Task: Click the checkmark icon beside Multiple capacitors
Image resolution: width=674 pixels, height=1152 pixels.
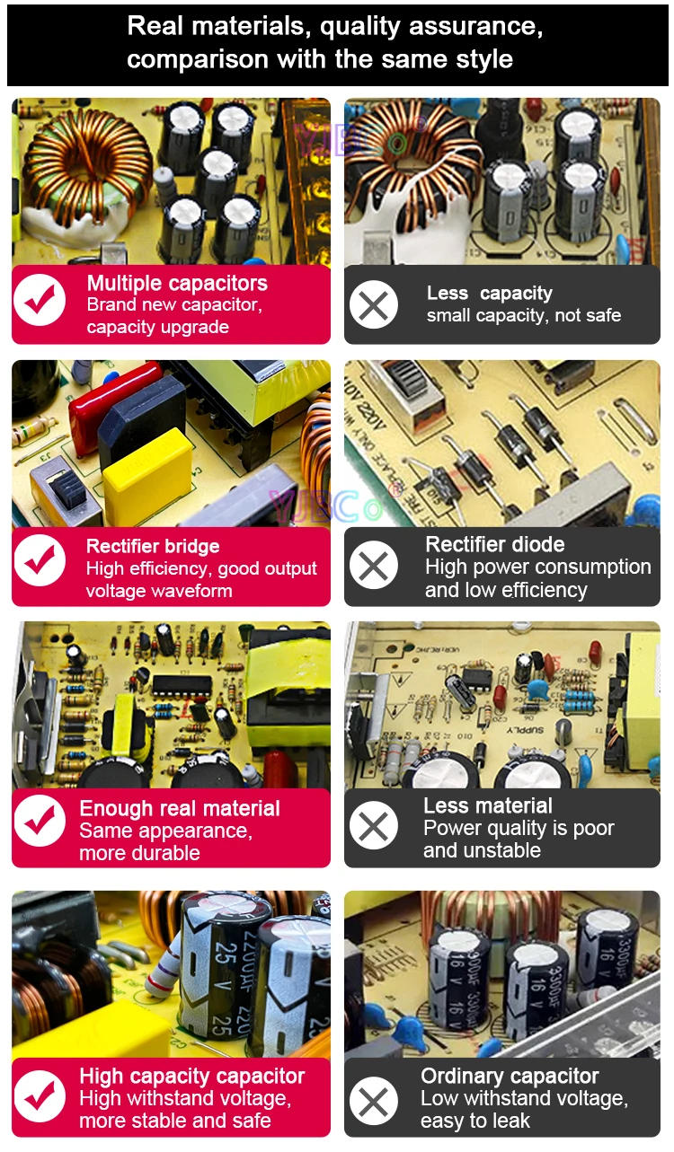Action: click(40, 300)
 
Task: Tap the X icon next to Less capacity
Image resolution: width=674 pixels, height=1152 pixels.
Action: click(373, 304)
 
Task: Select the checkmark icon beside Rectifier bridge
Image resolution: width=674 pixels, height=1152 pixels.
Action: click(40, 560)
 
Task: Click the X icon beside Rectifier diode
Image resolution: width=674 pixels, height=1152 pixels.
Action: click(373, 565)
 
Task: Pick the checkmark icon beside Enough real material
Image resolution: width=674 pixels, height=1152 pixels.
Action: click(40, 821)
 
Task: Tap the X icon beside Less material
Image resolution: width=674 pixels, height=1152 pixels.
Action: click(373, 825)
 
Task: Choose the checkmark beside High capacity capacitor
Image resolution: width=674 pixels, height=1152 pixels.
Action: click(40, 1096)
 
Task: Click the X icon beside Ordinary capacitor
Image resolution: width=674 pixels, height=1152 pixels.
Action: click(373, 1101)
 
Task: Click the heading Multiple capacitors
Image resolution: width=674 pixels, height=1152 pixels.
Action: click(177, 284)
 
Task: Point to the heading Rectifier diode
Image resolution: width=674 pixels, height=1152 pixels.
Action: click(495, 544)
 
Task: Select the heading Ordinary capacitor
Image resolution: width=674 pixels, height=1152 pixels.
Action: click(510, 1076)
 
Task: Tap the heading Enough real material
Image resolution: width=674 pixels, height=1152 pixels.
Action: click(180, 808)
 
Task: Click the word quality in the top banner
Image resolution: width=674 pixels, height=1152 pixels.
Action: click(359, 27)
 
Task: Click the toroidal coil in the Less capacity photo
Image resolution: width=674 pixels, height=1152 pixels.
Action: click(412, 164)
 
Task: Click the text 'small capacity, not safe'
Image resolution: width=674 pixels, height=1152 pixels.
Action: click(524, 315)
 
